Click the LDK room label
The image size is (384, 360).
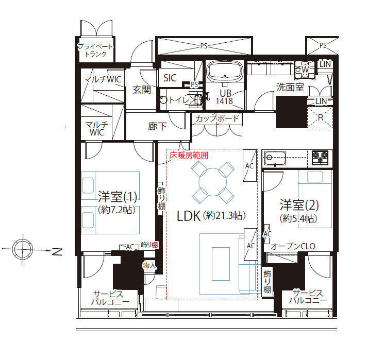pos(188,216)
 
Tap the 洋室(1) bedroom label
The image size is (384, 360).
pos(118,197)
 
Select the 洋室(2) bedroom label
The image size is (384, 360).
pos(299,205)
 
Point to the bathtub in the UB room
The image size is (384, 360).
pos(225,72)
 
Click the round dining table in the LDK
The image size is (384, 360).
pos(212,182)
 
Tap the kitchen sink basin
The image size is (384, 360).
pos(275,158)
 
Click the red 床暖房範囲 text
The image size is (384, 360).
pos(189,156)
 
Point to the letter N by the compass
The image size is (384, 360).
pos(57,251)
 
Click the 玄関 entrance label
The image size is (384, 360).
pos(142,90)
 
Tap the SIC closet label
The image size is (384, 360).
pos(170,78)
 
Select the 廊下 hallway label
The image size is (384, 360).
pos(157,126)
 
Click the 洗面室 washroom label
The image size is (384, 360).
pos(290,87)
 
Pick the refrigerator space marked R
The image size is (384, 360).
pos(320,117)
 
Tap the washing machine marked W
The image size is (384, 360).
pos(305,70)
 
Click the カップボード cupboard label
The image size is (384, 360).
pos(217,118)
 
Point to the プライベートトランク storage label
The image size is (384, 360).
pos(95,50)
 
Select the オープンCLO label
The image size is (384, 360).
pos(293,246)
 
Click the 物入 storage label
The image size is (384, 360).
pos(149,265)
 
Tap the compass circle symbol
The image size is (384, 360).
pos(23,250)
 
